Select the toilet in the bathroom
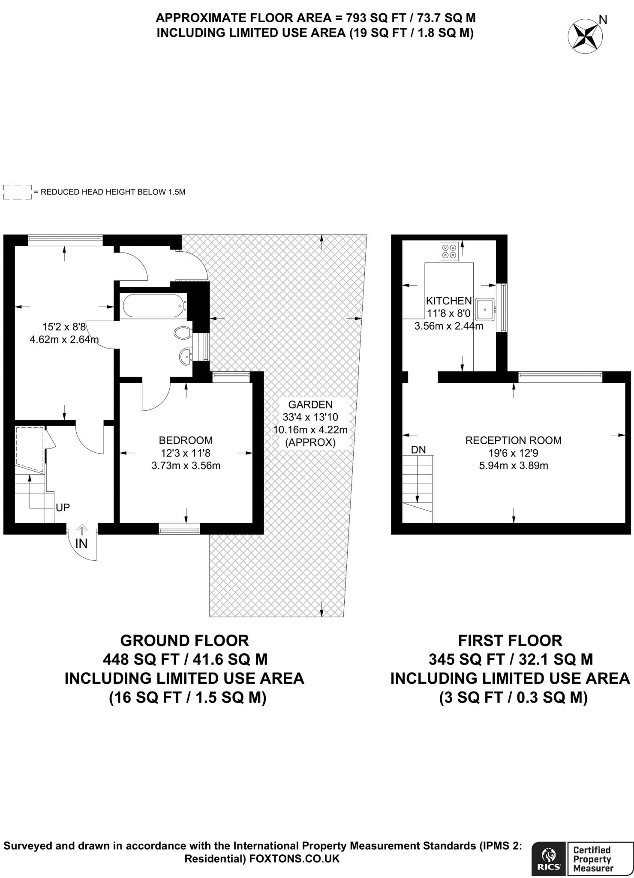pyautogui.click(x=183, y=332)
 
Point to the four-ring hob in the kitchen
pyautogui.click(x=449, y=251)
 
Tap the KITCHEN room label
pyautogui.click(x=449, y=301)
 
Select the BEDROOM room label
pyautogui.click(x=186, y=440)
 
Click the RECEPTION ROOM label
pyautogui.click(x=514, y=440)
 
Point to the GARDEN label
pyautogui.click(x=310, y=404)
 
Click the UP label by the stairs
pyautogui.click(x=63, y=508)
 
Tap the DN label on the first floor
pyautogui.click(x=418, y=450)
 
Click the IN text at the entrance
pyautogui.click(x=81, y=544)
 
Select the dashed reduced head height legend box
pyautogui.click(x=18, y=192)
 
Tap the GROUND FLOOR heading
pyautogui.click(x=185, y=640)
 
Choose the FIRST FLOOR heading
pyautogui.click(x=510, y=640)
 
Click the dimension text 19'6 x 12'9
pyautogui.click(x=514, y=453)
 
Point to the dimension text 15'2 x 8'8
pyautogui.click(x=64, y=327)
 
